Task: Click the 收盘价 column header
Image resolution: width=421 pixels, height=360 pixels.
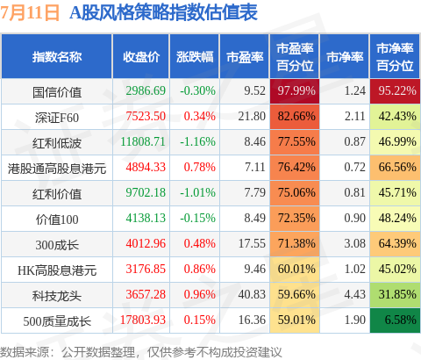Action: click(x=141, y=57)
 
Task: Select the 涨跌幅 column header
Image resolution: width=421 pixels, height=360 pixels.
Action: click(x=195, y=57)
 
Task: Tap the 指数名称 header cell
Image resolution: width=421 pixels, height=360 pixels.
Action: click(x=57, y=57)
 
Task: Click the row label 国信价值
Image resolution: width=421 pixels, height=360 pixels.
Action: click(x=57, y=92)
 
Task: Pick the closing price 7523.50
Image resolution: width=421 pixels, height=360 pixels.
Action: click(x=146, y=117)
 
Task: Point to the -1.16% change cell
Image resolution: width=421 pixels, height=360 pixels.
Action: click(x=197, y=142)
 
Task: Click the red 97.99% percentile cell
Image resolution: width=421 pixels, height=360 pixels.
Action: click(x=295, y=91)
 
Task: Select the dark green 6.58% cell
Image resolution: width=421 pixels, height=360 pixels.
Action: click(x=395, y=320)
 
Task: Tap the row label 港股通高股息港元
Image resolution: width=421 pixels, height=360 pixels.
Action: click(x=57, y=169)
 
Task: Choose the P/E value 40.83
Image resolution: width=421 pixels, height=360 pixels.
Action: click(x=252, y=294)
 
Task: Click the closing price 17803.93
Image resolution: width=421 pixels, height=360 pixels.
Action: click(x=143, y=320)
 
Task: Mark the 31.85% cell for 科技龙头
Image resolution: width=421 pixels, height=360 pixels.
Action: click(x=395, y=295)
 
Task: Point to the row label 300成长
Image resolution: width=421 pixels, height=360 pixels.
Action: click(x=57, y=245)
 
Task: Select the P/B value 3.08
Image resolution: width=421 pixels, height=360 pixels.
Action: click(x=354, y=243)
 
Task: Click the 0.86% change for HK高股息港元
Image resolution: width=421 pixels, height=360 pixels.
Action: click(x=199, y=269)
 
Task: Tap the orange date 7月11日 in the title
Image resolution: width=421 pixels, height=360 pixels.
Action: click(x=30, y=13)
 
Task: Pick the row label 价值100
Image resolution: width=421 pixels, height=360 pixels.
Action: click(x=57, y=220)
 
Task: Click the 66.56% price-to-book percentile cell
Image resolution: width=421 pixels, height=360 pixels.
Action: click(x=395, y=168)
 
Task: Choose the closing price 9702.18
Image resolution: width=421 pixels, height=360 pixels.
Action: click(x=146, y=193)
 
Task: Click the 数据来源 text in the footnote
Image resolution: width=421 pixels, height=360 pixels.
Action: click(x=25, y=352)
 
